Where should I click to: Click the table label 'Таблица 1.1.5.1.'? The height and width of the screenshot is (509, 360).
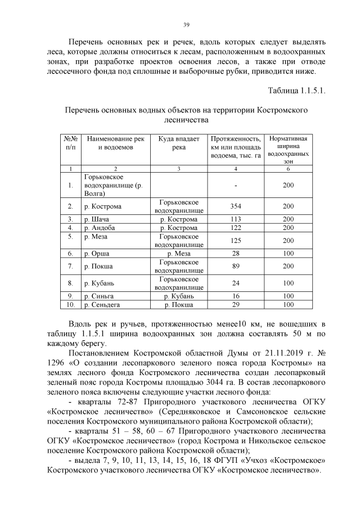pos(297,89)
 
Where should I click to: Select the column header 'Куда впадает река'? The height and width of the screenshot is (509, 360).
pos(179,143)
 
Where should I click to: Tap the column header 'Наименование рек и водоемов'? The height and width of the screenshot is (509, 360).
pos(115,143)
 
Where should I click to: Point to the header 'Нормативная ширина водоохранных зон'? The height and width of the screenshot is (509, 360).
pos(289,149)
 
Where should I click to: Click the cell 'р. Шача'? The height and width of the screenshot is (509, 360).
pos(94,219)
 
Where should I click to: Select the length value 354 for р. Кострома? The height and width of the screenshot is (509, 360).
pos(236,206)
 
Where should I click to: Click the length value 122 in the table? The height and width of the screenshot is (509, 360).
pos(236,228)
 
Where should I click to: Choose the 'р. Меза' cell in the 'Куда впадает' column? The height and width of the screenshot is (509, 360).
pos(179,254)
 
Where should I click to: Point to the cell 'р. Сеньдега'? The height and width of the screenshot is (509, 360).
pos(102,305)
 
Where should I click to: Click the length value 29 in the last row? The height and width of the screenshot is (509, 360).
pos(236,305)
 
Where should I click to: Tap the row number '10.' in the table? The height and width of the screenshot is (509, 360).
pos(70,305)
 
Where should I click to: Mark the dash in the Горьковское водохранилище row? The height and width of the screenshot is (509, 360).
pos(236,185)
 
